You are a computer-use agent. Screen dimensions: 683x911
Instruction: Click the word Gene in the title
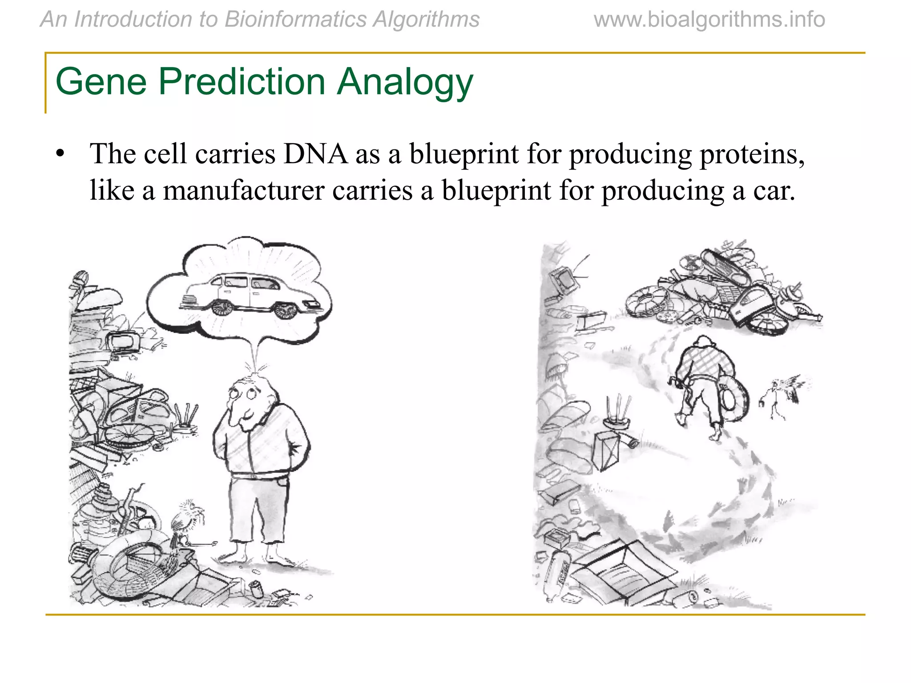(x=101, y=82)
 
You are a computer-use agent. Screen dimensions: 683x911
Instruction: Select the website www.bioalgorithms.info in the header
(x=709, y=20)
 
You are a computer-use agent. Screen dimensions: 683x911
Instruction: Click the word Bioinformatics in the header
(x=295, y=20)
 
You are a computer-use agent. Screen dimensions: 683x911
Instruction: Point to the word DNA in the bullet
(x=315, y=154)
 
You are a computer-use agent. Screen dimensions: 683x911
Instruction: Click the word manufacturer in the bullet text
(x=244, y=191)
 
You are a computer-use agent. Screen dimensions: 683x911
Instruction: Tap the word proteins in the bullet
(x=752, y=154)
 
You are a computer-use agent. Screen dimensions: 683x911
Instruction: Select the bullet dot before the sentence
(x=60, y=154)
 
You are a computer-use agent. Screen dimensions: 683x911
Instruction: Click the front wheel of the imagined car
(x=285, y=310)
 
